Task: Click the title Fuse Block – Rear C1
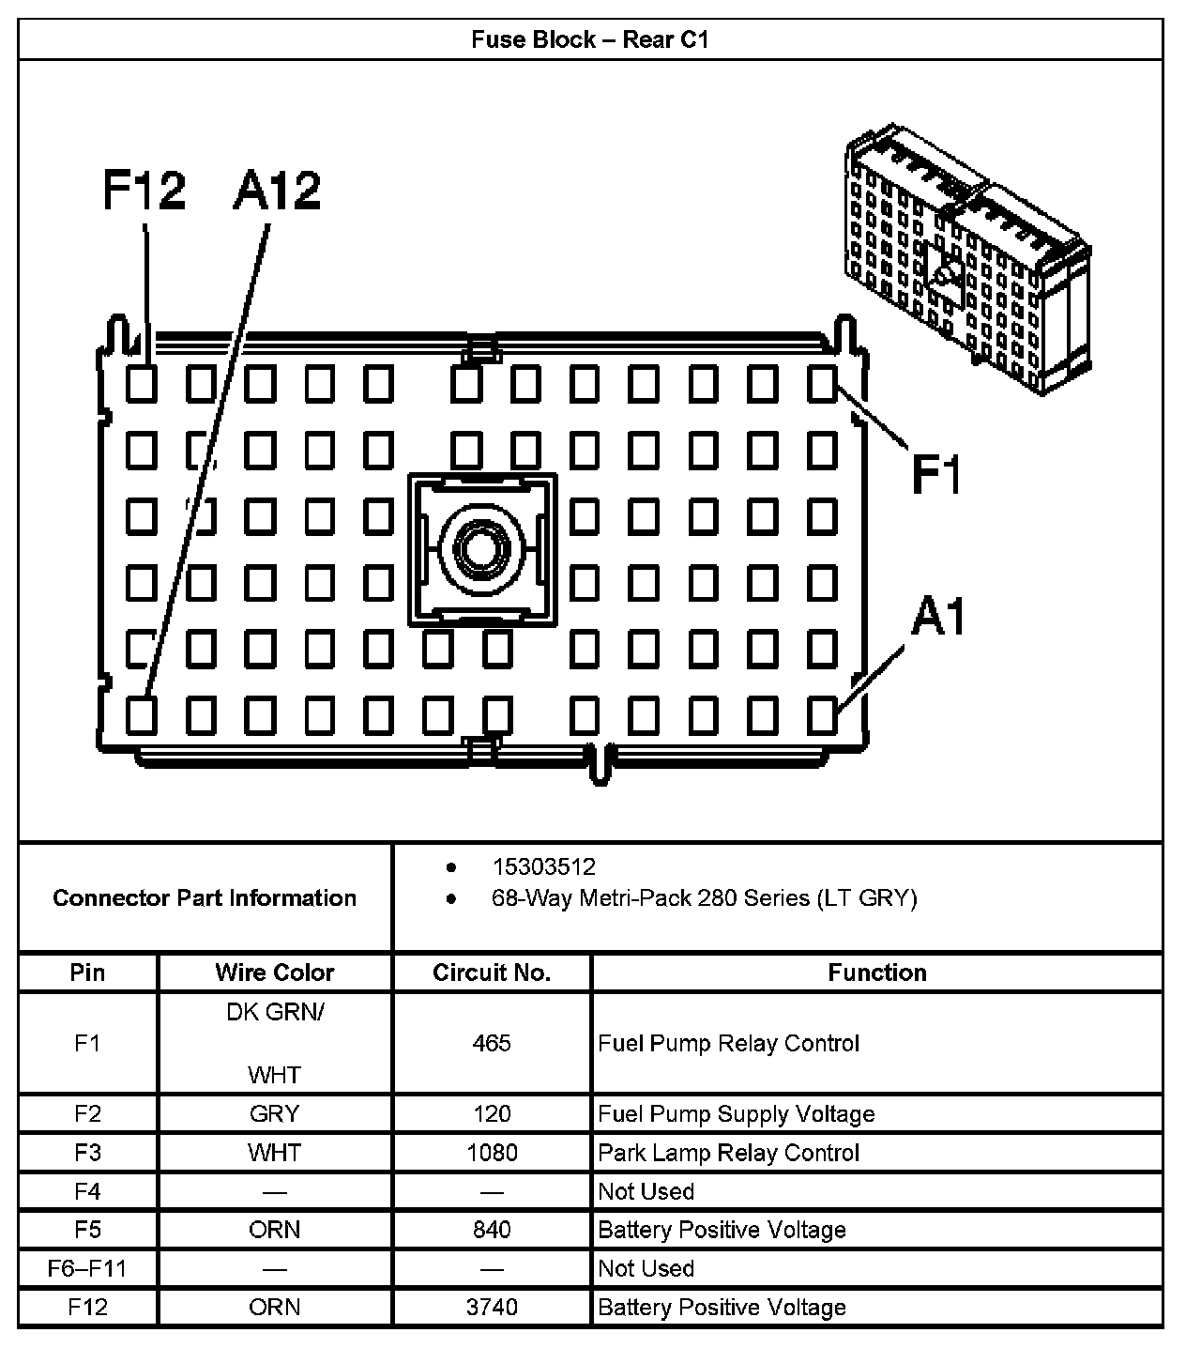point(589,39)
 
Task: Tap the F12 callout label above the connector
point(144,191)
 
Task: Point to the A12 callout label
point(277,191)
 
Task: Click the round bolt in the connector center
point(482,548)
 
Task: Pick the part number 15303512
point(543,866)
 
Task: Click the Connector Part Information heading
point(205,898)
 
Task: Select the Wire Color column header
point(274,973)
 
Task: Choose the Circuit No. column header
point(492,973)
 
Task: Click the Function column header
point(876,973)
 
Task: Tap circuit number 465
point(492,1043)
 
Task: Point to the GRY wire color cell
point(274,1114)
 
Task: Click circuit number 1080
point(492,1153)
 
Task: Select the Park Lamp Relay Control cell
point(729,1153)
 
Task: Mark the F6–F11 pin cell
point(87,1269)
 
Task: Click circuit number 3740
point(492,1308)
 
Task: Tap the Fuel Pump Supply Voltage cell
point(737,1114)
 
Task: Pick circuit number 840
point(492,1230)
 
